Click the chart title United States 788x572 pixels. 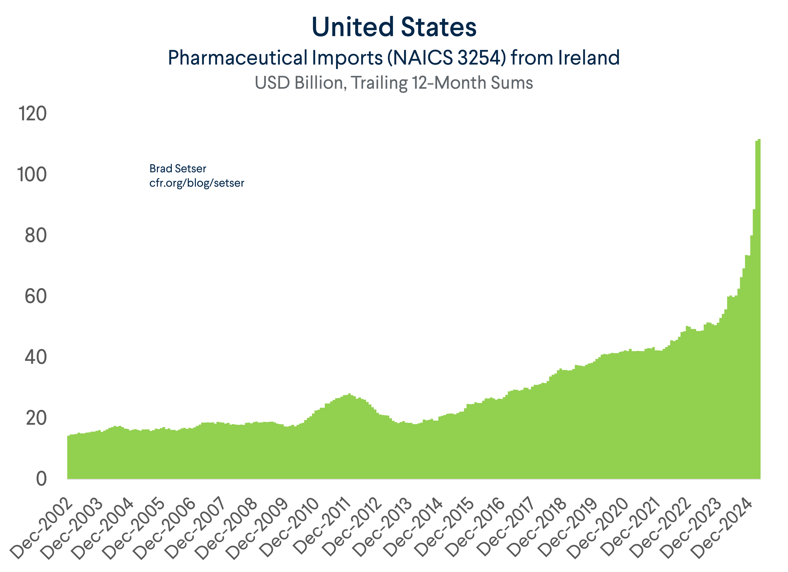(x=394, y=27)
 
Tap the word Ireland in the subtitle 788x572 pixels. (x=589, y=58)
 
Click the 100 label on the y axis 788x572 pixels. (x=32, y=174)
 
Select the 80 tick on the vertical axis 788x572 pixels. (x=36, y=236)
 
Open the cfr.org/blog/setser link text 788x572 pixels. (x=197, y=183)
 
